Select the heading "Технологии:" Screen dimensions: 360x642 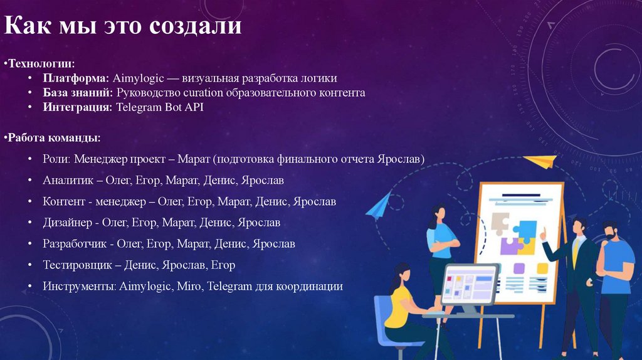coord(41,63)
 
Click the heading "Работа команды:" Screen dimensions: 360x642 coord(53,137)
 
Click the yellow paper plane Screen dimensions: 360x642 coord(540,161)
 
